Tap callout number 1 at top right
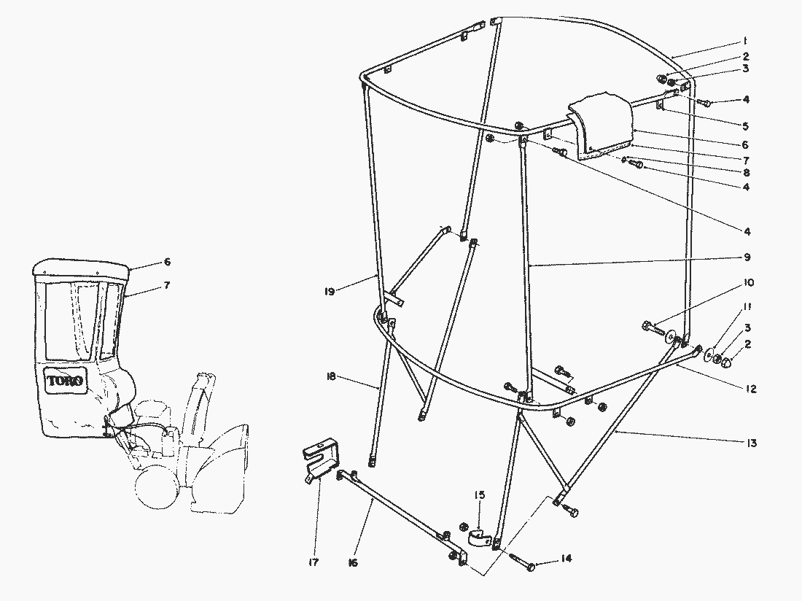coord(745,41)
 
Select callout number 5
coord(746,126)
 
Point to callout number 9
coord(747,257)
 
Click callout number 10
coord(748,283)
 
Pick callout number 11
coord(747,307)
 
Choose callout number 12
coord(750,389)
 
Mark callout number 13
coord(751,443)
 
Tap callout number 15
coord(479,495)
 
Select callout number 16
coord(352,562)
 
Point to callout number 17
coord(314,562)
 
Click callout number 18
coord(330,377)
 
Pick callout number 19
coord(330,292)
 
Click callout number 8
coord(747,172)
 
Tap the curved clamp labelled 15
coord(480,537)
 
